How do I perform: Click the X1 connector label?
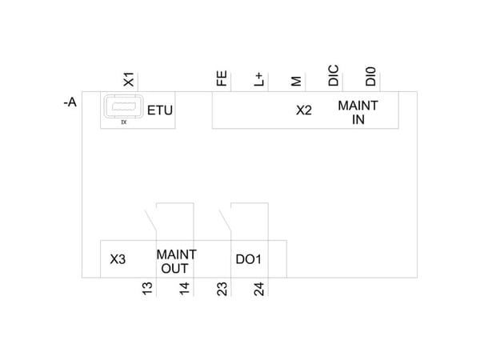[x=129, y=79]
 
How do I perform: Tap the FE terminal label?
[x=222, y=78]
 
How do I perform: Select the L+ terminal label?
[x=259, y=79]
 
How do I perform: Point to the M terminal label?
[x=296, y=81]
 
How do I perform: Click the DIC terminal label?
[x=334, y=75]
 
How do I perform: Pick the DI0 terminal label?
[x=370, y=77]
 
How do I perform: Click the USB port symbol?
[x=124, y=106]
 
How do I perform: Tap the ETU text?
[x=160, y=110]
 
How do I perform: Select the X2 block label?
[x=304, y=110]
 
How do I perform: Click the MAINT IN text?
[x=358, y=112]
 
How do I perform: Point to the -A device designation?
[x=70, y=102]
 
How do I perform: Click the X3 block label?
[x=118, y=259]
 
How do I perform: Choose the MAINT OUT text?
[x=176, y=262]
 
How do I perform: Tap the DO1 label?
[x=248, y=259]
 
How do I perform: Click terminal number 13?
[x=147, y=289]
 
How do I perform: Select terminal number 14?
[x=185, y=289]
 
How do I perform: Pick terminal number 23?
[x=222, y=289]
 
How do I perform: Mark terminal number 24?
[x=259, y=289]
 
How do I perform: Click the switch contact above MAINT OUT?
[x=150, y=220]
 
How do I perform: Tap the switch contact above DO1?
[x=225, y=220]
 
